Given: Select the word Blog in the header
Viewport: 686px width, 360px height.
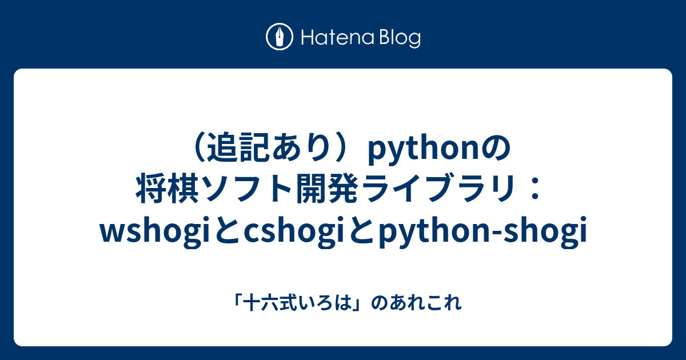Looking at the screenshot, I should click(400, 38).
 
